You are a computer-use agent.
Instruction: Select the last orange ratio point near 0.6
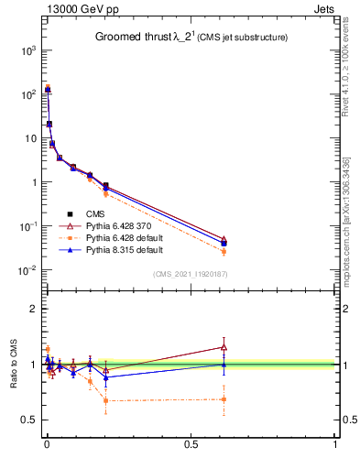click(x=224, y=398)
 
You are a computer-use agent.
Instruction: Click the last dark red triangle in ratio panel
click(x=224, y=347)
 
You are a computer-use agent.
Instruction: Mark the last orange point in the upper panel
click(x=224, y=251)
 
